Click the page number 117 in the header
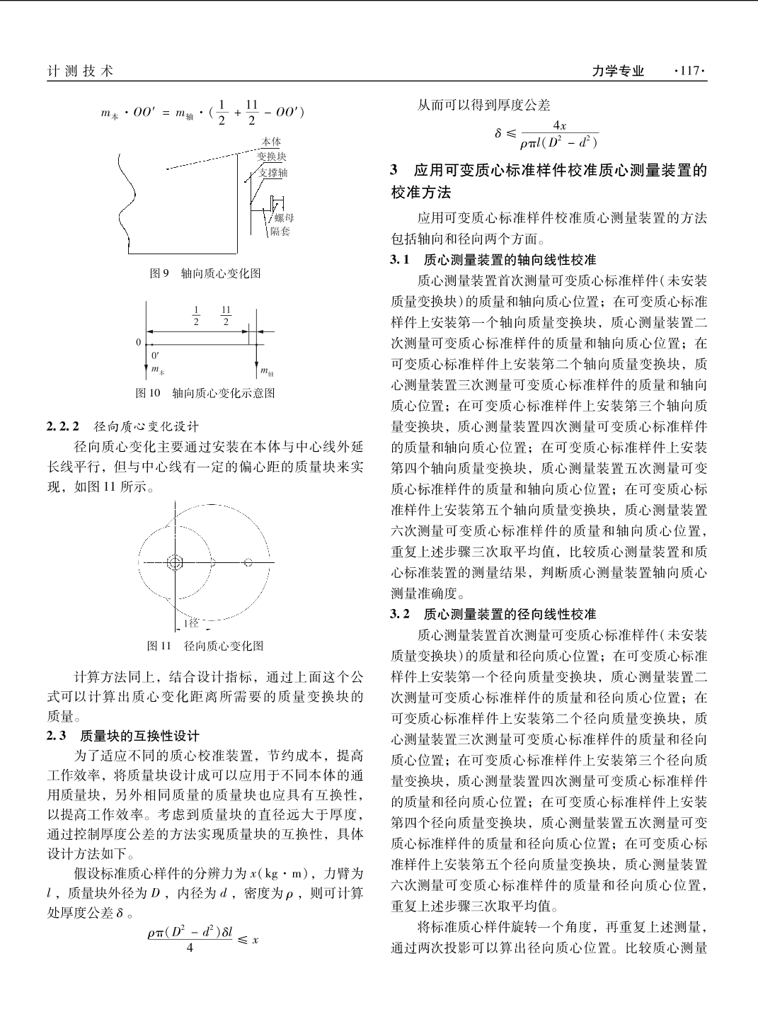[x=690, y=71]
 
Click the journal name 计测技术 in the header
[x=80, y=71]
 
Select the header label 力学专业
[x=618, y=71]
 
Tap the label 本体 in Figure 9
[x=271, y=142]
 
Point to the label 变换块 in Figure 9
[x=271, y=157]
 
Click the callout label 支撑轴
[x=273, y=172]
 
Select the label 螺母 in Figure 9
[x=284, y=218]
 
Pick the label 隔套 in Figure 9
[x=280, y=232]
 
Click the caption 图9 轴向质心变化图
[x=205, y=273]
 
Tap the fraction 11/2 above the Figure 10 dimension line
[x=226, y=316]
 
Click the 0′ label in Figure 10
[x=155, y=356]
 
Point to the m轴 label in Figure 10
[x=267, y=370]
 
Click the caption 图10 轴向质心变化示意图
[x=205, y=392]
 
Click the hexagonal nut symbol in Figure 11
[x=175, y=562]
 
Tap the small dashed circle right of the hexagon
[x=248, y=562]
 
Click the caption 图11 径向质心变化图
[x=205, y=645]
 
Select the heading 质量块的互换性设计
[x=140, y=736]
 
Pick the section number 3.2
[x=401, y=614]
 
